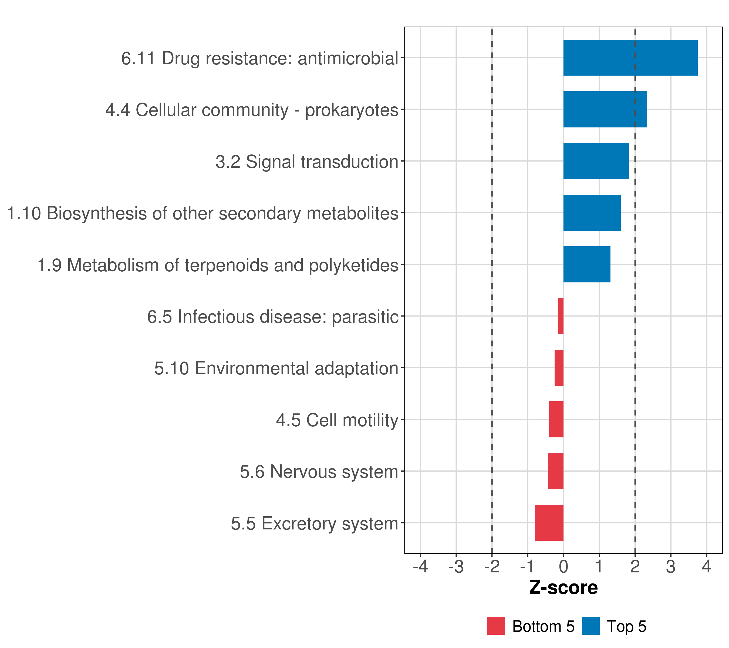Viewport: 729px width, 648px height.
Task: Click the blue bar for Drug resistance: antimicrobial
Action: [630, 58]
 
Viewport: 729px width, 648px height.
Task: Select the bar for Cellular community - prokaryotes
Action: [605, 110]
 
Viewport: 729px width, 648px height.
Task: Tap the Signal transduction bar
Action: [596, 161]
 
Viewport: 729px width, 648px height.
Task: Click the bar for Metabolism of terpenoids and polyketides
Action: [587, 264]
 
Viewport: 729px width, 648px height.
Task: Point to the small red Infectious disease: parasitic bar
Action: [561, 316]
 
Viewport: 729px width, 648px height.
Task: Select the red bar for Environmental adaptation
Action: [559, 368]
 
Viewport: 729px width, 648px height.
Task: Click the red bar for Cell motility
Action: [556, 419]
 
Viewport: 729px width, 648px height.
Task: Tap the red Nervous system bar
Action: [556, 471]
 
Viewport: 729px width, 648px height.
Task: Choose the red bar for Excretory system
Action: [549, 523]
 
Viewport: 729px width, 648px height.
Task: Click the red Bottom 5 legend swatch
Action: [496, 626]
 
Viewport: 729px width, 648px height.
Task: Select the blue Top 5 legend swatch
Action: [590, 626]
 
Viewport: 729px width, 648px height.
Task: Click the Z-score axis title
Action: [563, 587]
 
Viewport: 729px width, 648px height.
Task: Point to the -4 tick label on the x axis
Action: [420, 566]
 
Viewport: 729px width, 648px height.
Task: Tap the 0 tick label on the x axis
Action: [563, 566]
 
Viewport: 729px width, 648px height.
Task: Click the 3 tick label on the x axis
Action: [671, 566]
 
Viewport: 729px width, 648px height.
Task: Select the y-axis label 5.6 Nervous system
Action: [319, 472]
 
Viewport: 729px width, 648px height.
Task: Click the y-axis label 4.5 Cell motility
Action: [337, 420]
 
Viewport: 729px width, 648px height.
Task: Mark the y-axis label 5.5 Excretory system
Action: [315, 524]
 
